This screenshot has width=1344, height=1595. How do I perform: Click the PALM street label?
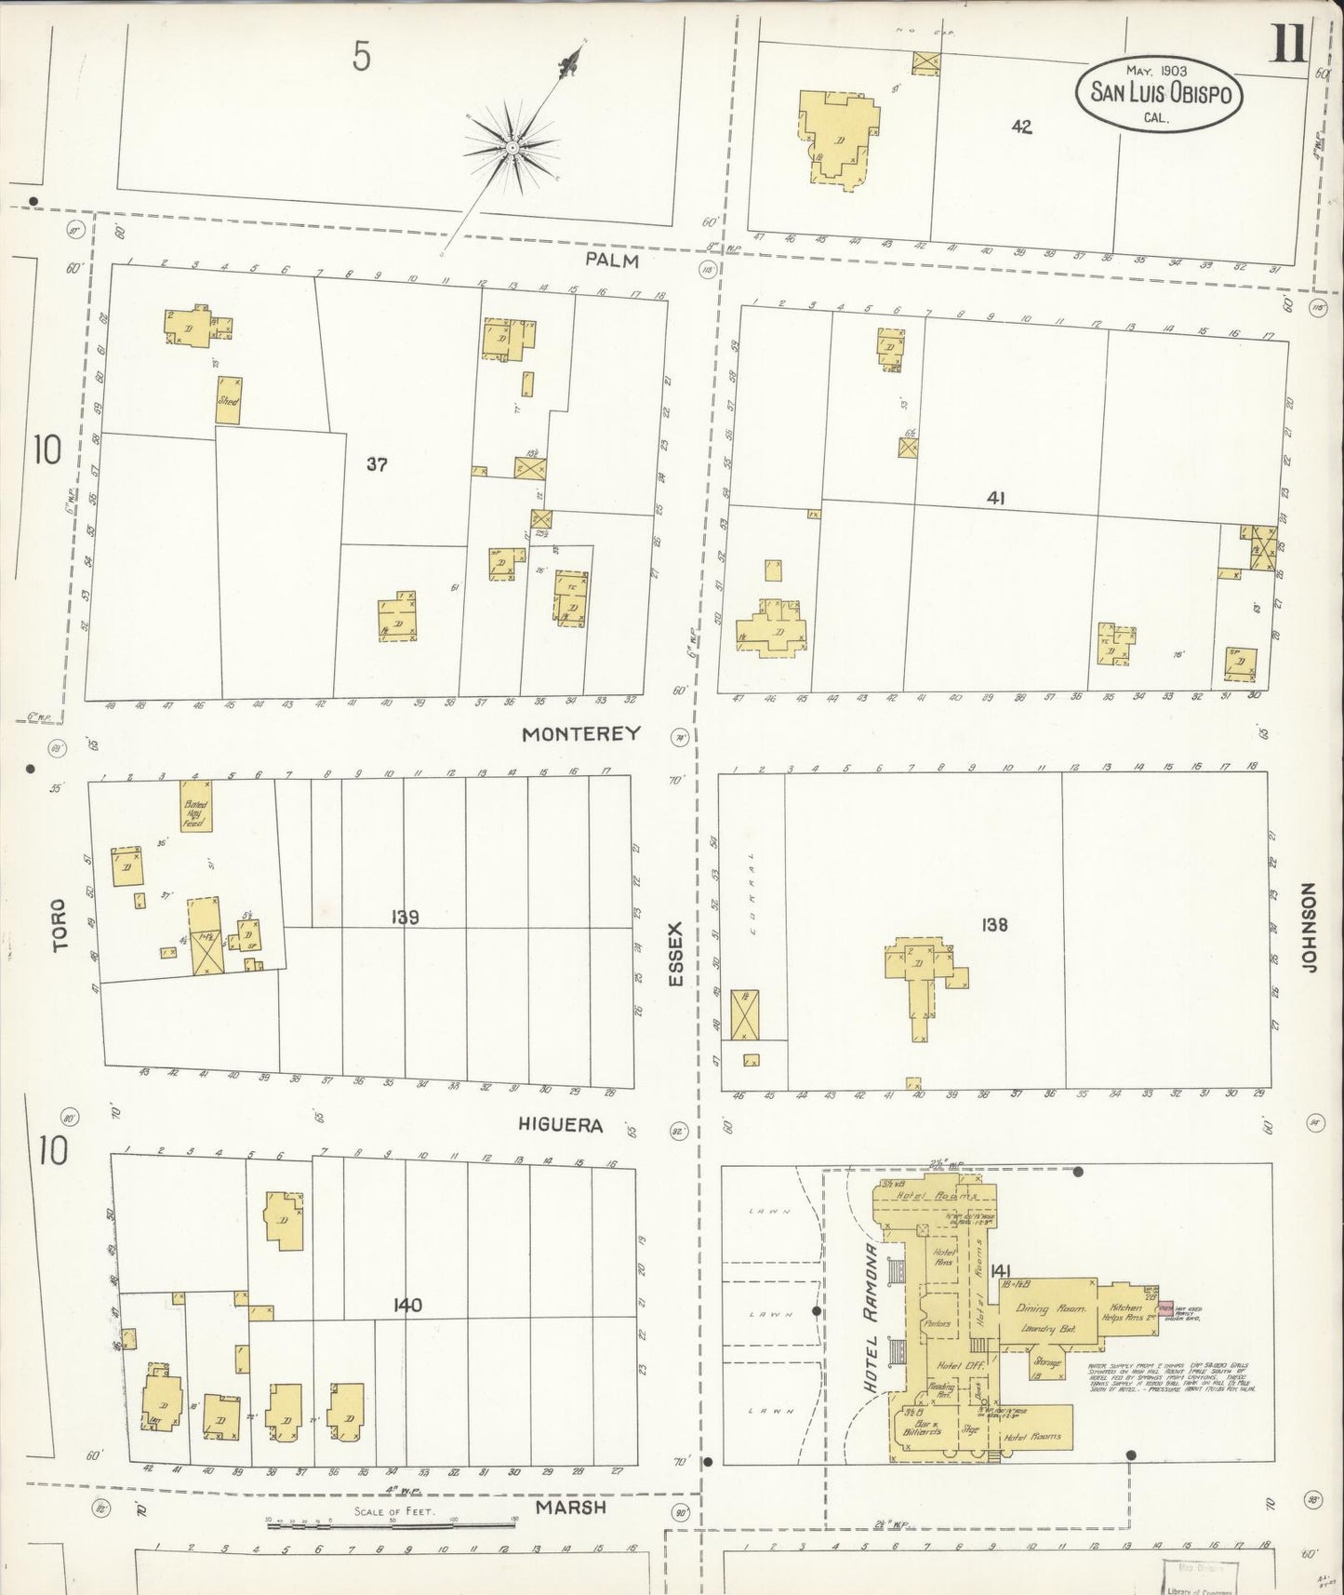coord(611,260)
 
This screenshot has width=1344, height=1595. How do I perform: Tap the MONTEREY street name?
coord(580,733)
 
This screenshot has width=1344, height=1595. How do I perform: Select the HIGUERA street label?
coord(560,1125)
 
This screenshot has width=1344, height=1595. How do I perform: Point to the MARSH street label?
coord(571,1507)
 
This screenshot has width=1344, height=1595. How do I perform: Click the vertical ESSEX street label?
coord(676,955)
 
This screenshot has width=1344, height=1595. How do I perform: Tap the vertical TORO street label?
coord(61,924)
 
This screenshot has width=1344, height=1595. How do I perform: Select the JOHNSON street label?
coord(1311,929)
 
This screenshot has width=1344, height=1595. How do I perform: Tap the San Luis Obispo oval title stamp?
coord(1160,94)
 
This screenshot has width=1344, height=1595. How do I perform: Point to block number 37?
coord(376,463)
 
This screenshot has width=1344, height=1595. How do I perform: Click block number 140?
coord(406,1305)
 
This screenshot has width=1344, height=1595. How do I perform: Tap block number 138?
coord(993,924)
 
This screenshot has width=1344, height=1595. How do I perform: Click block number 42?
coord(1021,127)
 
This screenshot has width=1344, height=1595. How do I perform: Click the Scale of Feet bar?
coord(391,1524)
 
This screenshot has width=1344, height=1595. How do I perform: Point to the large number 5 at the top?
coord(361,58)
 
